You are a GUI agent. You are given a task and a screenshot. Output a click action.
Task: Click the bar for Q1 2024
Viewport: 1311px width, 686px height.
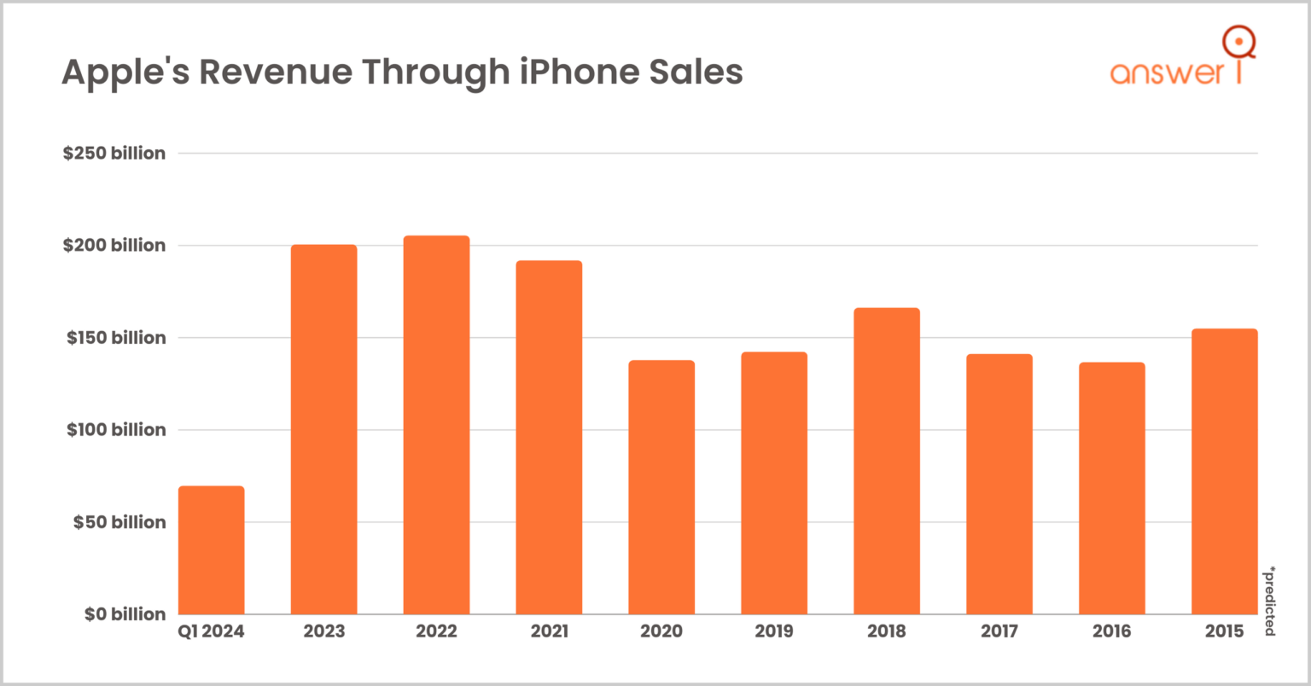point(212,550)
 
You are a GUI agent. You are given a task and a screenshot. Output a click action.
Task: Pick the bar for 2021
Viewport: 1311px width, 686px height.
point(549,437)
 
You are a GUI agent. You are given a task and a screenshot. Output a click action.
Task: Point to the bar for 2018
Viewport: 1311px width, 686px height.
point(887,461)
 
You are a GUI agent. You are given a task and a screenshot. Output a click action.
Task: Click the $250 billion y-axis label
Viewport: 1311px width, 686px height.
point(114,154)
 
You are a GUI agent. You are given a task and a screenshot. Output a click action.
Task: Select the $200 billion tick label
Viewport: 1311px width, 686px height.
point(114,246)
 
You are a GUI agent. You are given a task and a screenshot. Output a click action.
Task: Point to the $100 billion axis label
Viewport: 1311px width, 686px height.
point(116,430)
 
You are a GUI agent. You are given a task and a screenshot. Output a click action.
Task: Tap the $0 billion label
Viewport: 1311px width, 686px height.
point(125,614)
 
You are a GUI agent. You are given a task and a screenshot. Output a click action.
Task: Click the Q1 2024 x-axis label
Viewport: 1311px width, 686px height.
point(211,631)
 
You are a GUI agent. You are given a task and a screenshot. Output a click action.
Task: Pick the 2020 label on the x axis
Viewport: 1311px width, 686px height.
point(661,631)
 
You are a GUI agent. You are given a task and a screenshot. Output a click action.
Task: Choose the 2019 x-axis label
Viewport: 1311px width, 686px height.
point(774,631)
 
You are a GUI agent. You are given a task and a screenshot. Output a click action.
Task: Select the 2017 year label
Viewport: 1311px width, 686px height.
point(999,631)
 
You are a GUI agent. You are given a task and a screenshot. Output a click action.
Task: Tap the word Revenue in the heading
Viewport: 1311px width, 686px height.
point(275,72)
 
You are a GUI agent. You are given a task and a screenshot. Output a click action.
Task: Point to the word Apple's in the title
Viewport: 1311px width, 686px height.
point(125,72)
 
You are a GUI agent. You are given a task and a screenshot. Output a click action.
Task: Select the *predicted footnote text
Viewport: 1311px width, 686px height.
point(1270,601)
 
